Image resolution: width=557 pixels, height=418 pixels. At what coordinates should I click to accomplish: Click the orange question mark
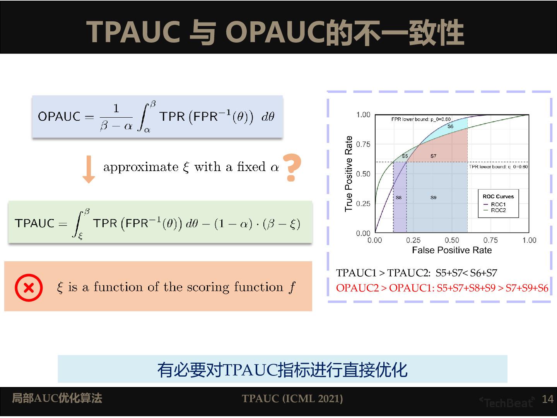292,168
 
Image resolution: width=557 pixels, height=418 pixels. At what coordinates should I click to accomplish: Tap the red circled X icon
29,288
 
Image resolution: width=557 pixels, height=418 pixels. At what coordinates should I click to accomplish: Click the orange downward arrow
89,169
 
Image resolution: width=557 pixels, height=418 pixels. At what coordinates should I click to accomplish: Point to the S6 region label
450,127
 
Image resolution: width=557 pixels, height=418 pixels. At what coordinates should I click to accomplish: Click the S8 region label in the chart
399,197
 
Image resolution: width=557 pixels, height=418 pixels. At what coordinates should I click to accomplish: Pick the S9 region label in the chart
433,197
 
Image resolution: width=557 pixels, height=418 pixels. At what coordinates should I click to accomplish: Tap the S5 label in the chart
405,156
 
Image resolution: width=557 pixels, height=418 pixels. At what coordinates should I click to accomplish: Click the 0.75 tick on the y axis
363,144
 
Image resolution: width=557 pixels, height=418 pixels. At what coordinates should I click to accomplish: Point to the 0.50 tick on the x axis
452,240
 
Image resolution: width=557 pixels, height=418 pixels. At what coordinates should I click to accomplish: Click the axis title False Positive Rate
451,250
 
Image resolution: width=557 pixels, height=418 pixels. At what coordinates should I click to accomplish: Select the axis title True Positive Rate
349,174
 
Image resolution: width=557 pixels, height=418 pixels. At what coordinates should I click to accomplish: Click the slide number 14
547,399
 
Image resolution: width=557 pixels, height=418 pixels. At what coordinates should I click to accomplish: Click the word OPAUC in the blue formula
59,116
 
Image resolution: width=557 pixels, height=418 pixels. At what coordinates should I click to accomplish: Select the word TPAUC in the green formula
34,223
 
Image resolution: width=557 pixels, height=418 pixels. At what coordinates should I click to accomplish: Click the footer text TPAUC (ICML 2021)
292,399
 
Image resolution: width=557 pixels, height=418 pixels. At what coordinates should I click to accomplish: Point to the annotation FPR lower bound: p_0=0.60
421,119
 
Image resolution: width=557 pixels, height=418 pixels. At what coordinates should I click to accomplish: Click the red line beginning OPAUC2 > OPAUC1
442,288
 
